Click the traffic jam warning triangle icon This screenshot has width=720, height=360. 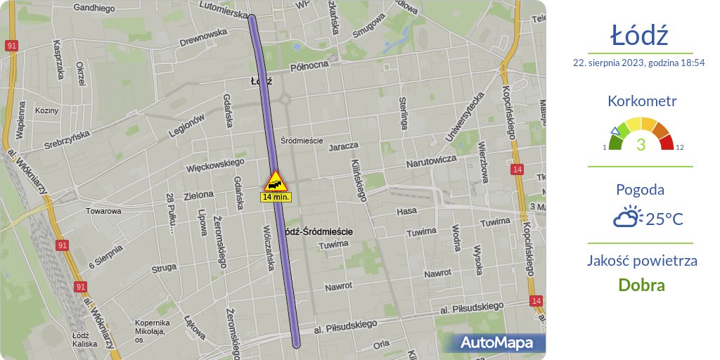click(275, 181)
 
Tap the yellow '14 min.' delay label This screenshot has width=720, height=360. click(276, 198)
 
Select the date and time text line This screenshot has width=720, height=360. click(639, 63)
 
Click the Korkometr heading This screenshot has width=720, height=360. click(641, 101)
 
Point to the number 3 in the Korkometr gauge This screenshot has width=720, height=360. click(641, 145)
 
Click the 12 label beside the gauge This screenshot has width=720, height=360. click(680, 147)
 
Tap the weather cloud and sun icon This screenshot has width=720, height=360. click(627, 217)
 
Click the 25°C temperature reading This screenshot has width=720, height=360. click(664, 219)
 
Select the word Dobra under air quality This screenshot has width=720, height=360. click(641, 285)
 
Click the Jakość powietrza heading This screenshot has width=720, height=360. click(641, 261)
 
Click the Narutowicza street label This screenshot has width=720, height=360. click(431, 162)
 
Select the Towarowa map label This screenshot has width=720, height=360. click(103, 210)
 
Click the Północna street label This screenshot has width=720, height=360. click(309, 65)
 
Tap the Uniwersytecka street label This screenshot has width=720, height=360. click(465, 115)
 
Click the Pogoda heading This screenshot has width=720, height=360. click(640, 189)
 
